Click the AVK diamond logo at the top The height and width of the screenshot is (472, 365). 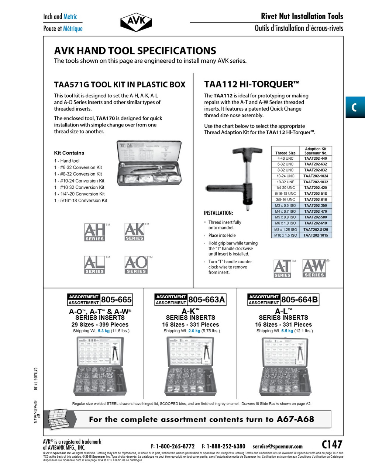point(136,22)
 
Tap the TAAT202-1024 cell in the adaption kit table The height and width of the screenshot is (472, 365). point(316,176)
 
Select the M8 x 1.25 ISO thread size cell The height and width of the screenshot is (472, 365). point(285,229)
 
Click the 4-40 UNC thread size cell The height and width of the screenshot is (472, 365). point(285,158)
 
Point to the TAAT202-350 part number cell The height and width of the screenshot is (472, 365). point(316,205)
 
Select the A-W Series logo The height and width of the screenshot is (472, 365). point(314,268)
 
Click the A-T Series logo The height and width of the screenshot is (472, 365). point(283,268)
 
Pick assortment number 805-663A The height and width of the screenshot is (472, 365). point(206,299)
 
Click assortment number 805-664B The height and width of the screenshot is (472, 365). point(299,299)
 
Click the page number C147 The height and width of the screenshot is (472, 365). point(332,444)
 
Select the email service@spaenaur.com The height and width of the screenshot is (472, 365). point(278,446)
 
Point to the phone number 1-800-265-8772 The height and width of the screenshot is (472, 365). point(175,446)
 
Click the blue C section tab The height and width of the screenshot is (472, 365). point(355,107)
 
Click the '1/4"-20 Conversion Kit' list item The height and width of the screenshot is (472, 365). point(79,194)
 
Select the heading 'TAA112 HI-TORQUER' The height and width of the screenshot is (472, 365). point(252,84)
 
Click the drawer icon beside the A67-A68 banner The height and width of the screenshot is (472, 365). point(58,419)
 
